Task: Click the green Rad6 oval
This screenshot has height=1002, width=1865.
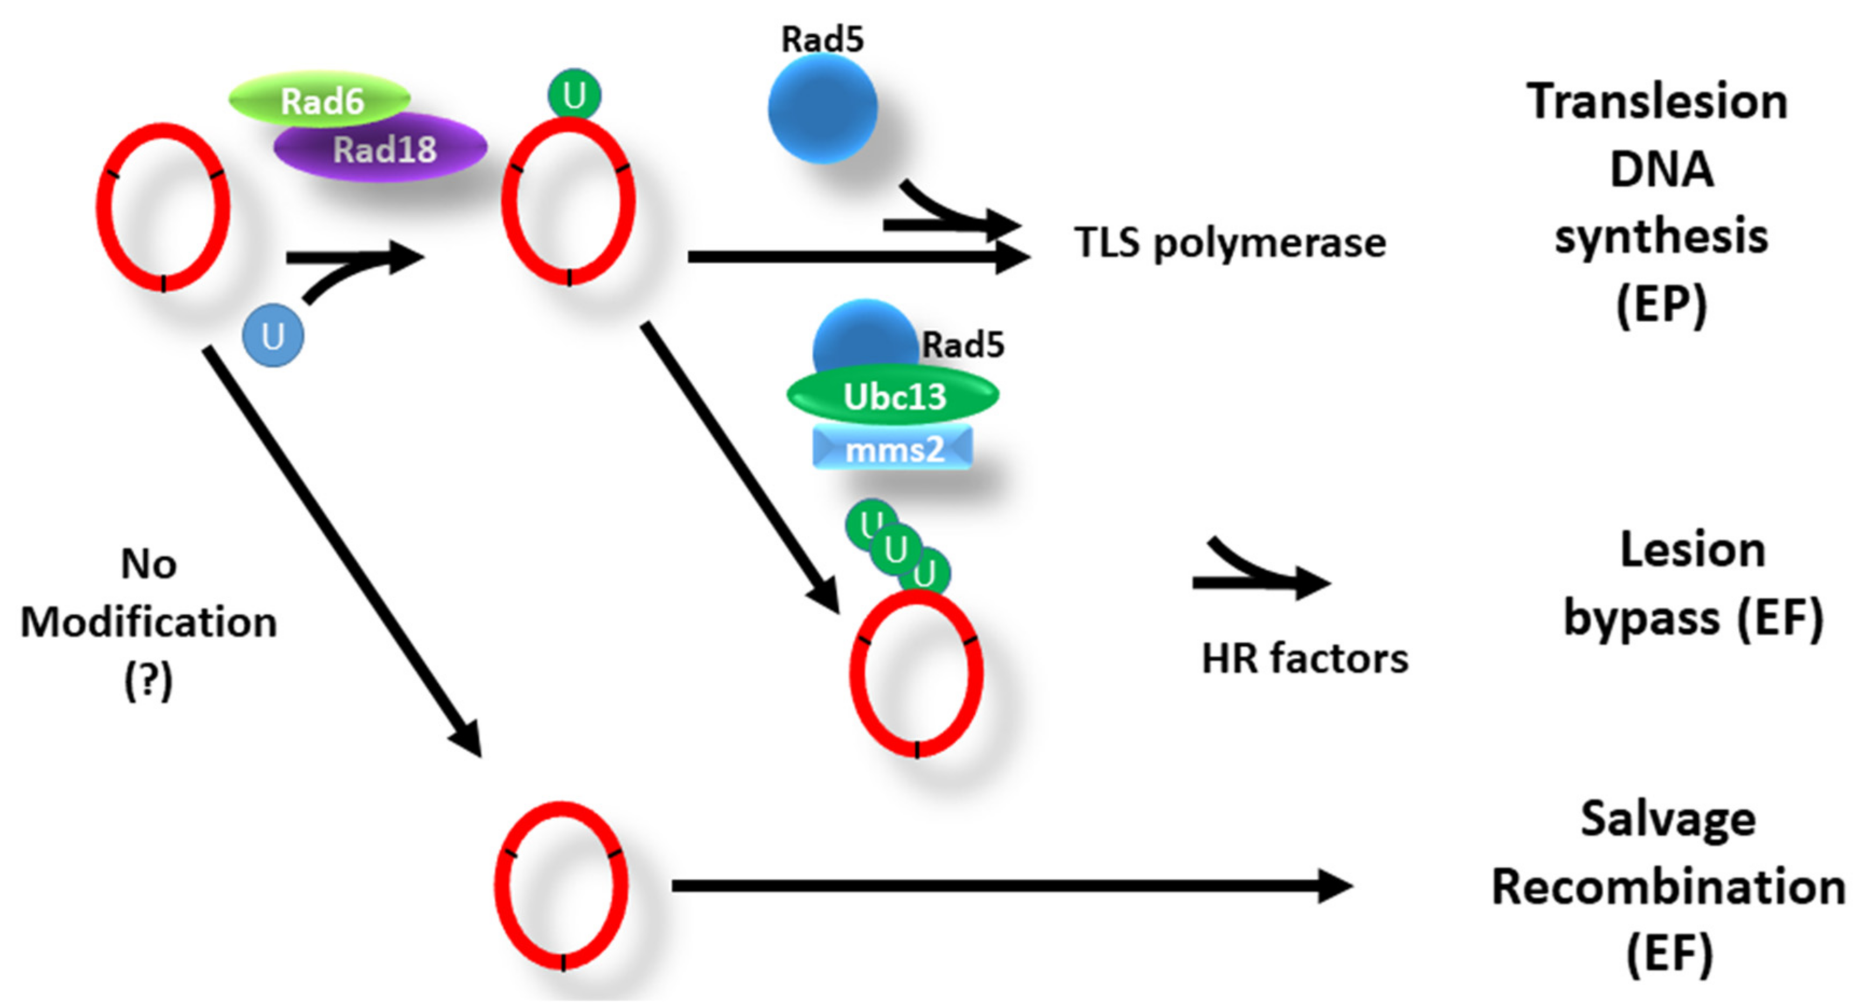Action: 320,100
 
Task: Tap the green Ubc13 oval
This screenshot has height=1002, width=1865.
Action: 893,395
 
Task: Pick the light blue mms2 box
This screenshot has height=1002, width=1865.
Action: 893,450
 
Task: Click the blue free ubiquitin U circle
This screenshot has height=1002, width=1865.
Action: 273,336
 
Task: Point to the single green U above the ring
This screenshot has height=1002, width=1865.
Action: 574,95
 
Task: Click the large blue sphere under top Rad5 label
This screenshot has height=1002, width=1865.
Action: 823,108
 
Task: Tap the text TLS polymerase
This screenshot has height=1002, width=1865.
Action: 1229,243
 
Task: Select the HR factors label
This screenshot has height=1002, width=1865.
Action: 1304,659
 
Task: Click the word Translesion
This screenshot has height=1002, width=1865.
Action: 1657,102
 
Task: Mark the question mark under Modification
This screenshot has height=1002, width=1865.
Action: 148,681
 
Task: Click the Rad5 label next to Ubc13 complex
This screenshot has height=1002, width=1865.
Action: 963,344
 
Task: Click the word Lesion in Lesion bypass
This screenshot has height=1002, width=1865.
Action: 1693,550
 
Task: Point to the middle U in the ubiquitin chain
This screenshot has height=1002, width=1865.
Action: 895,549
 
